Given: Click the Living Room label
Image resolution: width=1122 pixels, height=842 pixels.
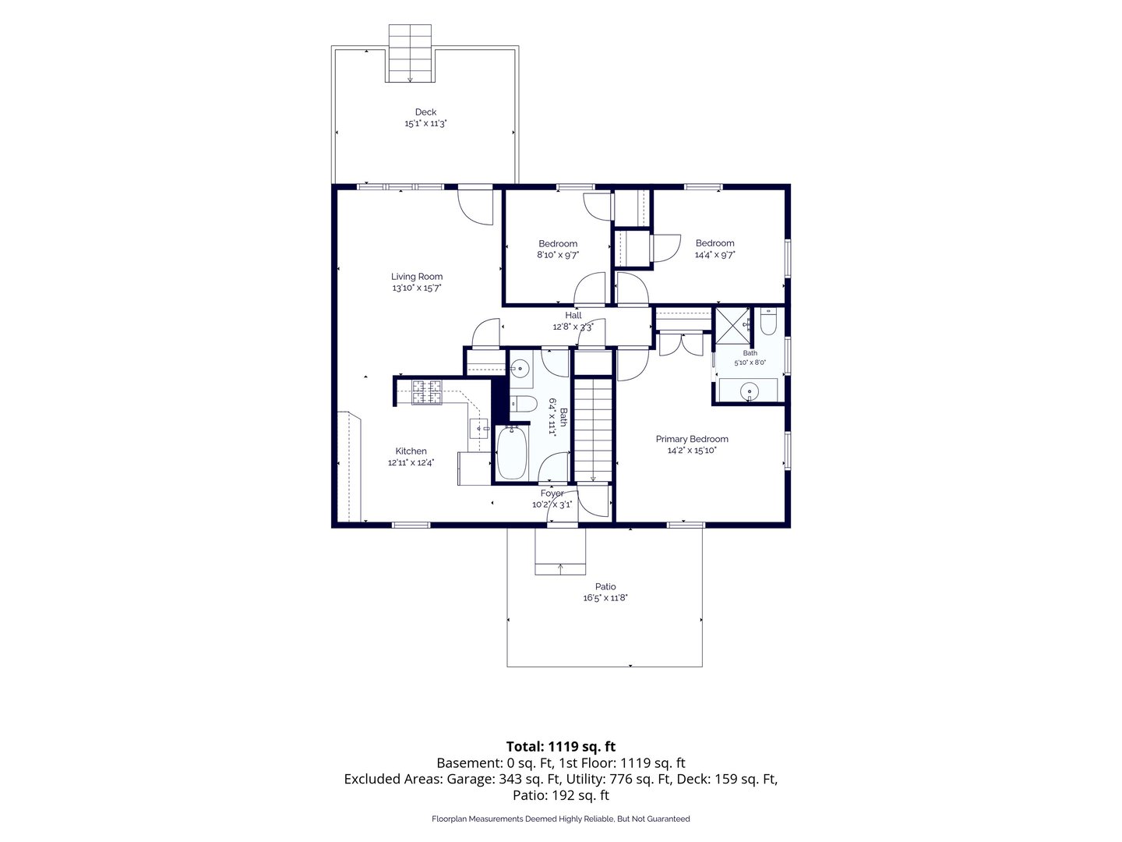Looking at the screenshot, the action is [x=417, y=277].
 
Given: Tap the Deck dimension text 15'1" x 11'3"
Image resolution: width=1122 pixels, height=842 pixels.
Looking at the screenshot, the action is [x=425, y=123].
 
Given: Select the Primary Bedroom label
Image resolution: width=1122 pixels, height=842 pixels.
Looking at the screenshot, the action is [x=692, y=439].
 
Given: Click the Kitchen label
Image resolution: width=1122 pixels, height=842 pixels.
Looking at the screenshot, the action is [x=411, y=451].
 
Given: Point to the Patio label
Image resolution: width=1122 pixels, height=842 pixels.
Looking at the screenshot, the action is [x=605, y=586].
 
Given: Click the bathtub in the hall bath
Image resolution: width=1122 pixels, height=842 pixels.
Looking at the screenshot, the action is [x=512, y=453].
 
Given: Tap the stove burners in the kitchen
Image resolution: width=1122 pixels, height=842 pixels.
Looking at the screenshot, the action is [x=427, y=392].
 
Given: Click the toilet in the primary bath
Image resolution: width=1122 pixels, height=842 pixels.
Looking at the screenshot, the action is [x=767, y=321].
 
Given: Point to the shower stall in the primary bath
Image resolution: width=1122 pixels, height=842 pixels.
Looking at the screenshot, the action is [x=732, y=326].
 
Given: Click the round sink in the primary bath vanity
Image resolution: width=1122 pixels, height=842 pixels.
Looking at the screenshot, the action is [x=749, y=391].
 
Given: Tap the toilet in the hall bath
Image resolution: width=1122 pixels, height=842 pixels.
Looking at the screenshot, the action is [x=522, y=404].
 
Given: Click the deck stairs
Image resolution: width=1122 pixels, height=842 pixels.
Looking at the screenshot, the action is [x=410, y=53].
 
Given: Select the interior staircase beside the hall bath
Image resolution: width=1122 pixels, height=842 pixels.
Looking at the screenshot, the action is [x=593, y=430].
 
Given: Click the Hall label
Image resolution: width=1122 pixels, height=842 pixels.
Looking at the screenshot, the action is [x=573, y=316].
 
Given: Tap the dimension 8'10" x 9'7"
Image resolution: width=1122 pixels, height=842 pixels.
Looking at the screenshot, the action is [x=558, y=255].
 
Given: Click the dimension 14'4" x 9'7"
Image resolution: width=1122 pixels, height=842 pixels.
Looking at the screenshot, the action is [x=714, y=255].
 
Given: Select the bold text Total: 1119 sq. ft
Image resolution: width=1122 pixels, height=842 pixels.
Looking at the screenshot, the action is [x=561, y=746].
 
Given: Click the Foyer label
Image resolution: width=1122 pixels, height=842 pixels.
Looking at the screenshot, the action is [x=552, y=494].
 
